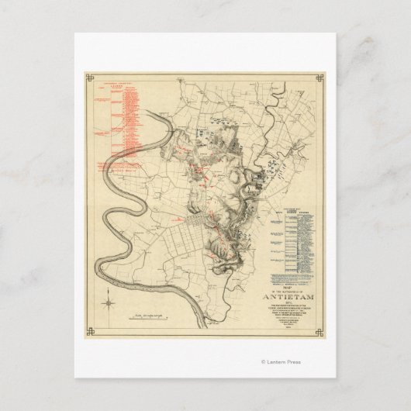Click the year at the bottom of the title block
(x=292, y=326)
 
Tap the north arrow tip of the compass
(x=110, y=288)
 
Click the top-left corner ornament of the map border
(x=88, y=77)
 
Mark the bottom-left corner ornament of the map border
(x=88, y=332)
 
